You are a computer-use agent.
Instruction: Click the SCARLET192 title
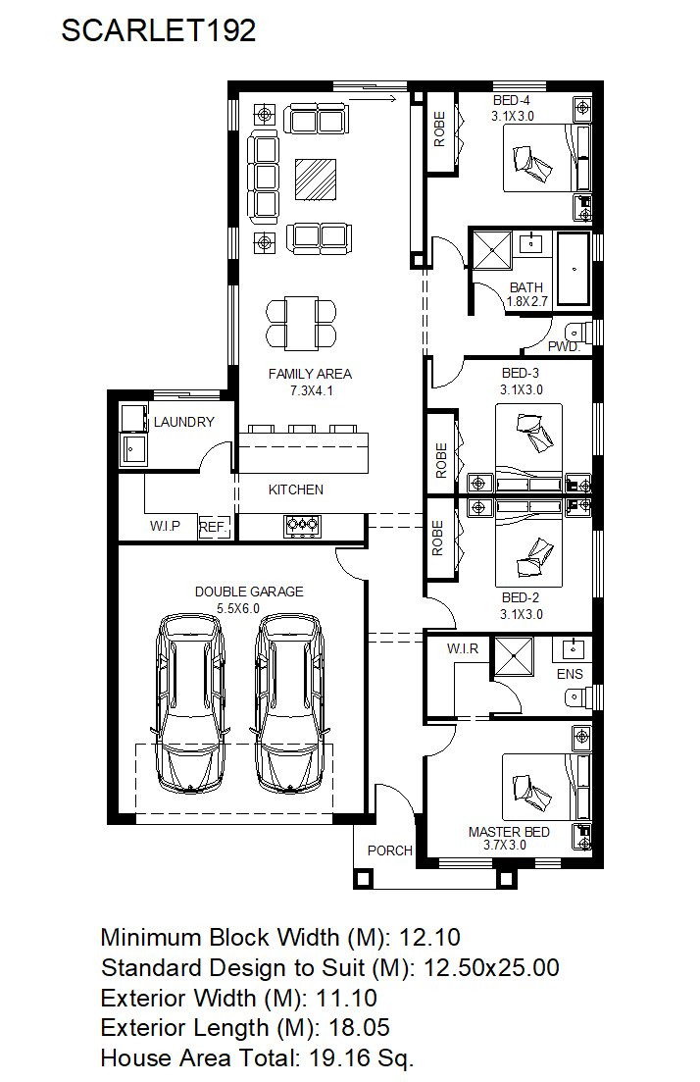[159, 31]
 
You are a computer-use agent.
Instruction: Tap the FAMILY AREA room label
[310, 374]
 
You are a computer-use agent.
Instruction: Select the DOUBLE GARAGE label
[249, 592]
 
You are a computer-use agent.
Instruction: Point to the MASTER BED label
[509, 832]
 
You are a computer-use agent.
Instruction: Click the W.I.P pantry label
[165, 526]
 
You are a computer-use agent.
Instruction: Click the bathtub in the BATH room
[574, 269]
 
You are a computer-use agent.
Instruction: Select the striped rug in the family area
[316, 180]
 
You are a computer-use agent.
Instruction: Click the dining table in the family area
[301, 323]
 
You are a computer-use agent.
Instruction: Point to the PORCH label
[389, 850]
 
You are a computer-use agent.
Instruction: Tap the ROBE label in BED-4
[439, 129]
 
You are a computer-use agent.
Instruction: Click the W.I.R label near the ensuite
[462, 648]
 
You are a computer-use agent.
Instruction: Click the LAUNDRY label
[183, 422]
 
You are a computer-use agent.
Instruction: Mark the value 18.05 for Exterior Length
[359, 1027]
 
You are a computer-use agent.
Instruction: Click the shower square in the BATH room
[492, 250]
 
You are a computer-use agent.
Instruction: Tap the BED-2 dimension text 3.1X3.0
[521, 614]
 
